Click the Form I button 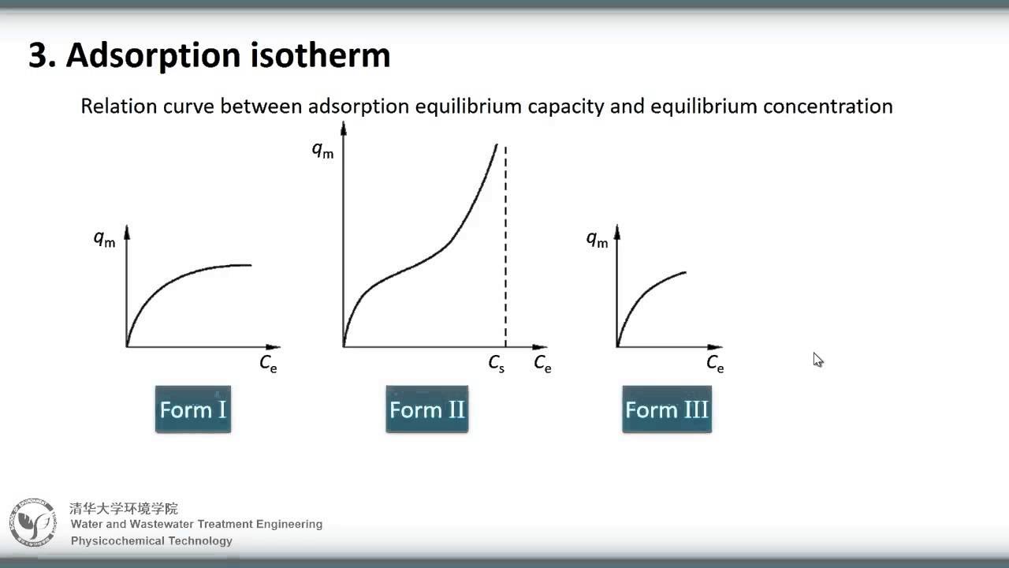tap(193, 409)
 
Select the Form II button tap(427, 409)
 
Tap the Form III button tap(667, 409)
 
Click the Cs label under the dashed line tap(496, 364)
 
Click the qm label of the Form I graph tap(105, 239)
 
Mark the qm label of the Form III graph tap(598, 239)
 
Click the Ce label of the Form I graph tap(268, 364)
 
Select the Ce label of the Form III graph tap(715, 364)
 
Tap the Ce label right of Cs tap(542, 364)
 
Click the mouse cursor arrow tap(817, 359)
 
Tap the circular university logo tap(33, 522)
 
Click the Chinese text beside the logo tap(124, 509)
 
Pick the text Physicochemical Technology tap(151, 540)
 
